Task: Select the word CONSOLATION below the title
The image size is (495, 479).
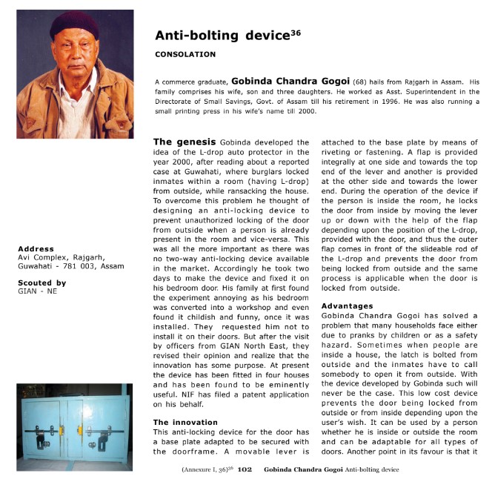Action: point(185,54)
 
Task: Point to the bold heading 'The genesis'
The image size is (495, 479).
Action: point(183,141)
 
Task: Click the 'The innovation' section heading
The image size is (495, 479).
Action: point(185,422)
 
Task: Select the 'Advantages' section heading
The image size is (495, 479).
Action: point(348,305)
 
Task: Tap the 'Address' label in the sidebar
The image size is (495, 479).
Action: point(36,249)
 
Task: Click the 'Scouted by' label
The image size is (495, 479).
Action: point(41,283)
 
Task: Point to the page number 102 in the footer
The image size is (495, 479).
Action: point(245,469)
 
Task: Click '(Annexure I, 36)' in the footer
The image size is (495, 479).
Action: point(207,469)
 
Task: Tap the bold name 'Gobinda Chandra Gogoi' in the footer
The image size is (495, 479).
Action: point(303,469)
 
